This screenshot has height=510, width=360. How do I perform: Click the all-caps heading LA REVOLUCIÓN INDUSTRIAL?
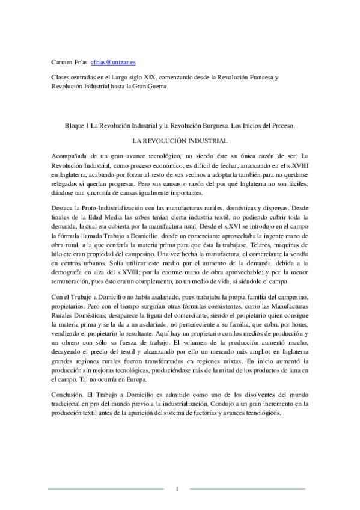180,142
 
